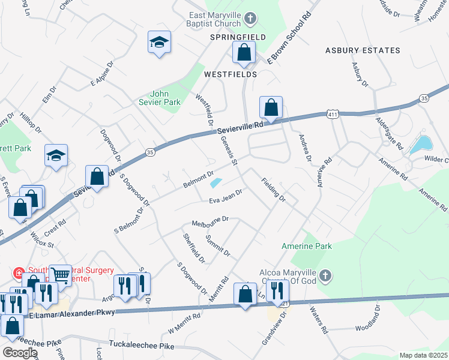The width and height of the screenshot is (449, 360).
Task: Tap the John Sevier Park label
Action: tap(164, 98)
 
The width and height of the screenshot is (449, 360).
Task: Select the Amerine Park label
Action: tap(307, 246)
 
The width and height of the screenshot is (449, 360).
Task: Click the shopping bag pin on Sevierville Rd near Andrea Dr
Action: tap(271, 108)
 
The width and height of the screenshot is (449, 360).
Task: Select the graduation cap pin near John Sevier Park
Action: tap(160, 43)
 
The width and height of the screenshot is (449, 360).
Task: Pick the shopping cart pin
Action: tap(60, 274)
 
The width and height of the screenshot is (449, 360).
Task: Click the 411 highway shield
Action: tap(333, 113)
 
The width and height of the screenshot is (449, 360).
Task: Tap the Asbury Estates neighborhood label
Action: tap(363, 50)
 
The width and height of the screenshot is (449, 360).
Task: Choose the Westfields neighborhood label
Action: tap(231, 74)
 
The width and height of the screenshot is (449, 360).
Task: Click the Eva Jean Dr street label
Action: tap(225, 197)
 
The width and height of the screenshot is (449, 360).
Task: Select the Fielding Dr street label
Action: tap(273, 189)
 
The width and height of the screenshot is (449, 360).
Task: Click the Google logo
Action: tap(20, 352)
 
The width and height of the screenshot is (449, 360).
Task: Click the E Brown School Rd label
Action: tap(291, 37)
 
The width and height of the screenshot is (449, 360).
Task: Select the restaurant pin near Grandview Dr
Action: tap(277, 291)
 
